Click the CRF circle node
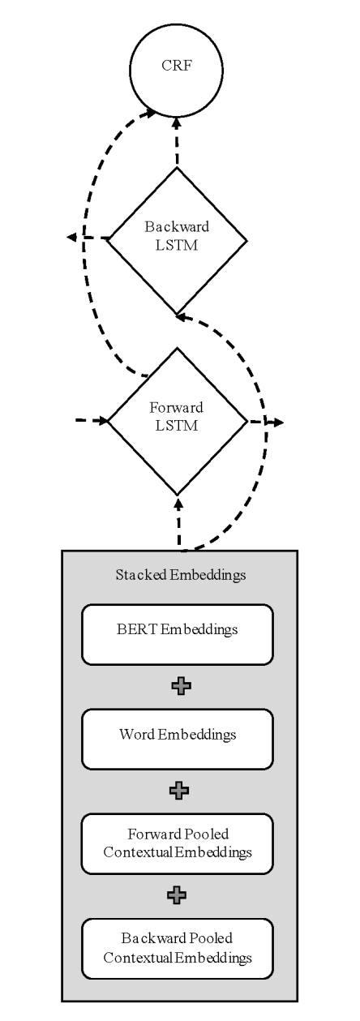(177, 70)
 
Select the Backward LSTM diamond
(177, 241)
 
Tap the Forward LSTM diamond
(177, 422)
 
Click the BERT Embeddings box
(178, 634)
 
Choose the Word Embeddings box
(178, 739)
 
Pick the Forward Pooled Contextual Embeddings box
(178, 843)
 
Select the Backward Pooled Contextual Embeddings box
(178, 949)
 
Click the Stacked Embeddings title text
(181, 575)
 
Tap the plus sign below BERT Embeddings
(181, 686)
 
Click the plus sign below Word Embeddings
(179, 791)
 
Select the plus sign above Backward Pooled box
(177, 895)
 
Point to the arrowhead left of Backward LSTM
(71, 237)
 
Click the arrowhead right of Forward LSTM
(278, 423)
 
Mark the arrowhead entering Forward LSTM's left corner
(103, 420)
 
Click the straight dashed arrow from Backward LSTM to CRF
(177, 141)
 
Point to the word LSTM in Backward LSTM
(177, 245)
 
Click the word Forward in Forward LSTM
(177, 407)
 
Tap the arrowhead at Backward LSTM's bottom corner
(182, 316)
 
